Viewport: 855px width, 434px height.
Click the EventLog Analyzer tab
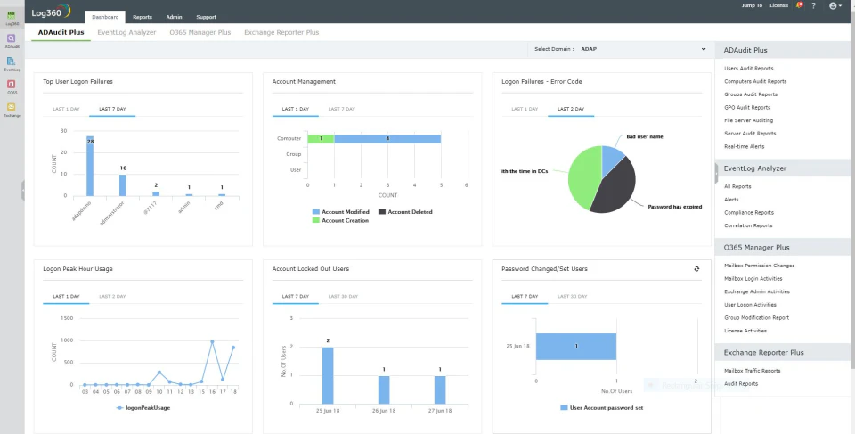[126, 32]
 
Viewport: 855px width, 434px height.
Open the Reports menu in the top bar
[142, 17]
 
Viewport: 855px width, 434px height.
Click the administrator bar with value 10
[123, 184]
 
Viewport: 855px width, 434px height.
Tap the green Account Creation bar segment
[321, 139]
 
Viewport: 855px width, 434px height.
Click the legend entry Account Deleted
[410, 212]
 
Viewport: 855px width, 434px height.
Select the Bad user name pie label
[645, 136]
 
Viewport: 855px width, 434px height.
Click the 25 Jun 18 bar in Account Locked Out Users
[328, 375]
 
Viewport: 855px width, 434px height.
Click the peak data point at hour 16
[212, 341]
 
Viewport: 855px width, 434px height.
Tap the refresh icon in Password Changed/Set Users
[696, 268]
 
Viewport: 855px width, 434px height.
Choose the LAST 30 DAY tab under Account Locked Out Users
[343, 296]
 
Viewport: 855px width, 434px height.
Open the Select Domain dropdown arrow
[703, 49]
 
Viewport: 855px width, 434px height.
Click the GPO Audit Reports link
[746, 107]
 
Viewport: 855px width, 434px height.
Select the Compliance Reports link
[748, 212]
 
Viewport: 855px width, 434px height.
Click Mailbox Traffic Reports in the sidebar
[752, 370]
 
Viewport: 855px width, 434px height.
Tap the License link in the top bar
[778, 5]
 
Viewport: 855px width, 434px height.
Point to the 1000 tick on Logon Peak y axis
[68, 340]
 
